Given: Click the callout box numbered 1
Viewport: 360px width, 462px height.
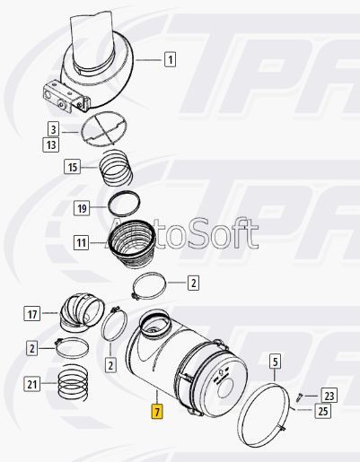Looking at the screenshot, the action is pos(170,59).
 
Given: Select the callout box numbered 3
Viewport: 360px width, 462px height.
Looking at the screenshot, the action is pos(53,130).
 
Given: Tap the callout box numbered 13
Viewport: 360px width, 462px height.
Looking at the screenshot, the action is pos(50,145).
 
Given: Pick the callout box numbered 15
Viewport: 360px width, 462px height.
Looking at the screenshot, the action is pos(73,167).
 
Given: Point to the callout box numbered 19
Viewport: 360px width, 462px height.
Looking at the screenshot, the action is pos(82,208).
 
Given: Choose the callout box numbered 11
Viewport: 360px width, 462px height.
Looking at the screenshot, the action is pos(82,242).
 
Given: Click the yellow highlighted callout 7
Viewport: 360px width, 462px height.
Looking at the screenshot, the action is pos(157,412).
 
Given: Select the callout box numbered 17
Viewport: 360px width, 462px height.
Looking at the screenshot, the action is pos(32,314).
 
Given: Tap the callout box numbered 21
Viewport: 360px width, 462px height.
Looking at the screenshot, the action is pos(31,384).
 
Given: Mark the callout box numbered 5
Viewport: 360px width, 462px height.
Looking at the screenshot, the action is pos(275,362).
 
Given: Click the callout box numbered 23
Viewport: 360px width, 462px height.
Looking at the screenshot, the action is pos(329,396).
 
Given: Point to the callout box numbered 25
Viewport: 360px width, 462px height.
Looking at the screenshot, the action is pos(323,412).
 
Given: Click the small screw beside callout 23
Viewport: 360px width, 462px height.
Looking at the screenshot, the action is pos(299,397).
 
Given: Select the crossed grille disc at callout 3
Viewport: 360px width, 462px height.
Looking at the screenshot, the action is pos(103,129).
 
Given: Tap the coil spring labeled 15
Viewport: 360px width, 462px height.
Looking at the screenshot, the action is pos(116,169).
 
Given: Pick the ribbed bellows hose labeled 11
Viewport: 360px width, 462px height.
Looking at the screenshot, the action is pos(132,242).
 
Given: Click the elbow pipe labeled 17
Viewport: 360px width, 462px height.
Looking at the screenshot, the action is pos(82,312).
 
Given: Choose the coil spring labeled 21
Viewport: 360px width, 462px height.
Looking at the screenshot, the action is pos(74,383).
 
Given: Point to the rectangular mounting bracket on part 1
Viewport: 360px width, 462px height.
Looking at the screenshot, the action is pos(66,96).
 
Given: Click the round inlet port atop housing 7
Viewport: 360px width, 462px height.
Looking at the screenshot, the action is pos(155,324).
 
